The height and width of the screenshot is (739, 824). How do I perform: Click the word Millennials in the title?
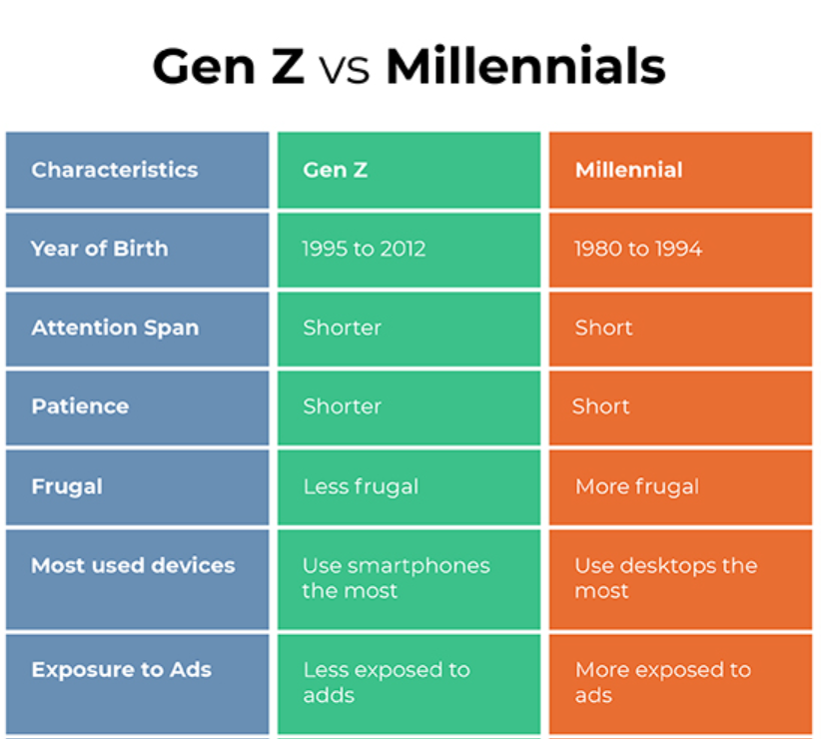525,67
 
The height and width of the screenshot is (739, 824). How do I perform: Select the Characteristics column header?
114,170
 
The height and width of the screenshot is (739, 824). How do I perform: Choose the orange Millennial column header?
628,170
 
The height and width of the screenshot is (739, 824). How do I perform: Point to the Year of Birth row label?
99,249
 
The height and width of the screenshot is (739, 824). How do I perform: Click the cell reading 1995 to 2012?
364,249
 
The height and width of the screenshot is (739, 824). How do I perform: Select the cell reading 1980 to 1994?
637,249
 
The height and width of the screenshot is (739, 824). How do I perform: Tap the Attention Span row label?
115,328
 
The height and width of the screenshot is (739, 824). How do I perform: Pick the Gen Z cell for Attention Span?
342,328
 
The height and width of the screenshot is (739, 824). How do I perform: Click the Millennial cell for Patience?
601,406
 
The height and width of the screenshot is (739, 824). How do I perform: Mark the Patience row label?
80,406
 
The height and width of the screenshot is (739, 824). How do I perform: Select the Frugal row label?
67,486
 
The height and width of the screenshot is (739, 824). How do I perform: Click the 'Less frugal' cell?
361,486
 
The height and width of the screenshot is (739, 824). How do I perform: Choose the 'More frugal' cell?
636,486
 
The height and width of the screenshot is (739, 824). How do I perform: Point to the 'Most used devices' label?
133,565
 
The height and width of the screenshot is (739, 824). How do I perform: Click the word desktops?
665,565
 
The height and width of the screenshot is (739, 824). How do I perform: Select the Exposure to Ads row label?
121,670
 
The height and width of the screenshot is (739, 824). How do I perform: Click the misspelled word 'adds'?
329,695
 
